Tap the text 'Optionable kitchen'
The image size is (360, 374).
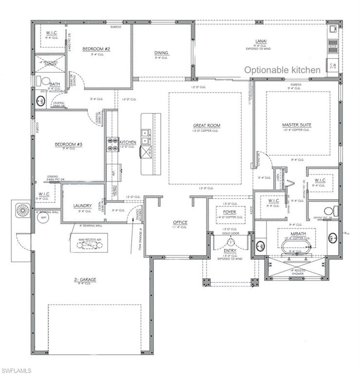(282, 70)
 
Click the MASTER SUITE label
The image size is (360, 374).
(296, 125)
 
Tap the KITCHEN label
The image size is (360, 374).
(128, 142)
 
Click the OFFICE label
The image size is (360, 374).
(180, 223)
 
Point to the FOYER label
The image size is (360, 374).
(229, 212)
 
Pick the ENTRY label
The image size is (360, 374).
(229, 250)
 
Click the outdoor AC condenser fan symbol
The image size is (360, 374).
(23, 210)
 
